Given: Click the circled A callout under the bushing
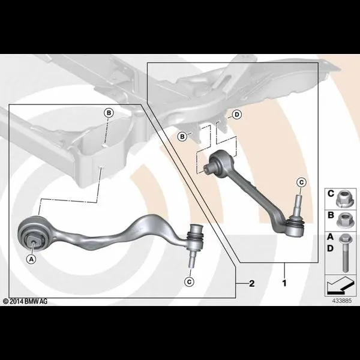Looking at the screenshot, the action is point(31,259).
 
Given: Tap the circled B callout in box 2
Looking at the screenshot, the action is point(109,113).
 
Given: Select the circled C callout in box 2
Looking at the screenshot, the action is point(189,282).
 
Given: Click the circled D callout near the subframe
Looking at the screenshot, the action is point(237,115).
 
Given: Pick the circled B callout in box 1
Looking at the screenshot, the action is point(182,137).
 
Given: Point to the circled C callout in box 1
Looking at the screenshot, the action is point(301,182).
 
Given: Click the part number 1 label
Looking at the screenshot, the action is point(284,283).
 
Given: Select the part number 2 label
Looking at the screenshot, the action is point(252,284).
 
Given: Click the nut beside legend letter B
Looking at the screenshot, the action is point(343,220).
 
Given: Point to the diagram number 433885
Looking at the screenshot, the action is point(341,301).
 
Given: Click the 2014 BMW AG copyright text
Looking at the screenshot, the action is point(25,301).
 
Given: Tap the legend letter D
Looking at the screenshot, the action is point(330,248).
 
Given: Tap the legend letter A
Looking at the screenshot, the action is point(330,237).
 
